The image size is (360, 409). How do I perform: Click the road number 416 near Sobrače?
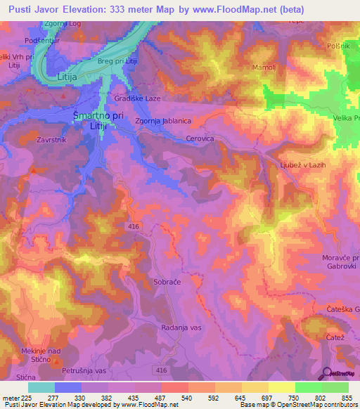pos(133,226)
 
